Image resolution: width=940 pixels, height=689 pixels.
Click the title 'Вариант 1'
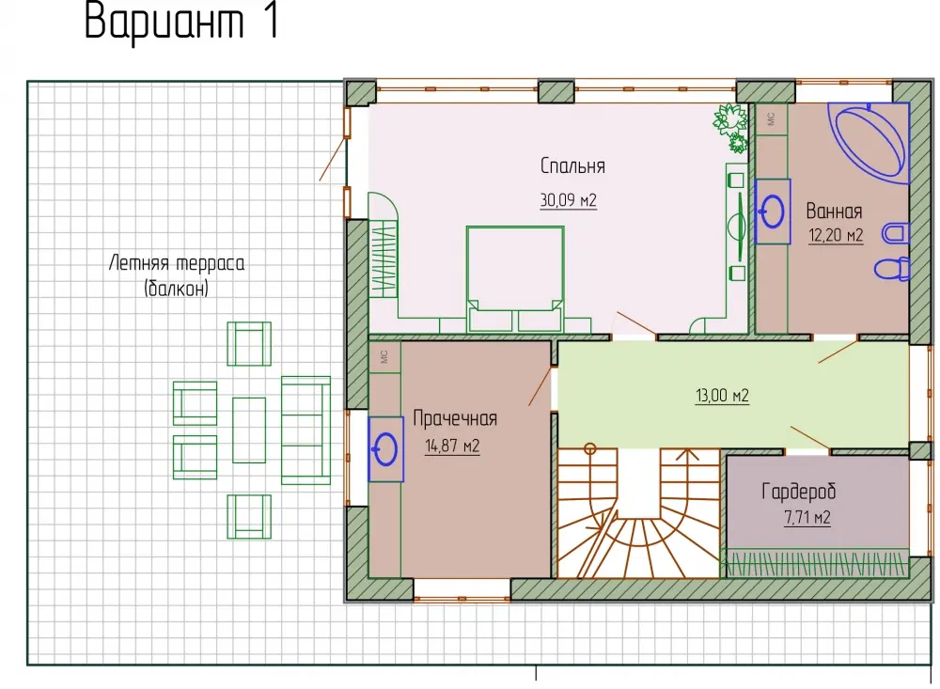coord(181,22)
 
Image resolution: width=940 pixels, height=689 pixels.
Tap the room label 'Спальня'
coord(572,165)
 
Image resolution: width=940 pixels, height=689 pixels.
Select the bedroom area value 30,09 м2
coord(569,199)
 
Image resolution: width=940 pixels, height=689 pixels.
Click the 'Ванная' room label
coord(834,211)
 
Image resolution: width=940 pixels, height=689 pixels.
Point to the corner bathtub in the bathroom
coord(869,142)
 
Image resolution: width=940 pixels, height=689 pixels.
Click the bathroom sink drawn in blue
coord(772,211)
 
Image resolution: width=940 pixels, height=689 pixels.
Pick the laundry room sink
coord(385,448)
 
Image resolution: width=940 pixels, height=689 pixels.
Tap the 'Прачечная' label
coord(455,418)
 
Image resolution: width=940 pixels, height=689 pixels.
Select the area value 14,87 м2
coord(453,446)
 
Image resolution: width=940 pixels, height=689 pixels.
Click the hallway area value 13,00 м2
coord(722,395)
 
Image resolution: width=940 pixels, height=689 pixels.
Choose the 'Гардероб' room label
coord(798,492)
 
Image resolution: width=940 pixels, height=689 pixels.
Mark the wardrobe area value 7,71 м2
coord(807,517)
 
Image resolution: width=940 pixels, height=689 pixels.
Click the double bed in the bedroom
coord(515,279)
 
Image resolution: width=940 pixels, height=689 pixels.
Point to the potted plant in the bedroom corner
coord(730,127)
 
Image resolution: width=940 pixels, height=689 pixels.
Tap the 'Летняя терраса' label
coord(177,262)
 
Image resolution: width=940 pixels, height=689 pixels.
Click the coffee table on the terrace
coord(249,430)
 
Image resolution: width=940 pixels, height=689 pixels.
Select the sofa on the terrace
coord(305,430)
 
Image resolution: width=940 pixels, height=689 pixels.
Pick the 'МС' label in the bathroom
coord(771,118)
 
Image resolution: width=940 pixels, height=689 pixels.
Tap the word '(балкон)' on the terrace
coord(177,289)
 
